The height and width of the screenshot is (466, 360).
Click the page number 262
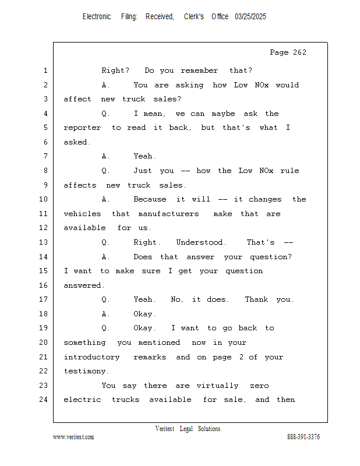point(299,52)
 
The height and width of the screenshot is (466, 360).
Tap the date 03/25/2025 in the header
point(250,17)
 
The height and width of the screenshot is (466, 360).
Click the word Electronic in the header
point(97,17)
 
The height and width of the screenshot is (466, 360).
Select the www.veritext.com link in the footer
point(73,437)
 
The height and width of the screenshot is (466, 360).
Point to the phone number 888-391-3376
point(303,436)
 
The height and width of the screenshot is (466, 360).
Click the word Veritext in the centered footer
point(165,429)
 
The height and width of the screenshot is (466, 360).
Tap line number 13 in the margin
point(44,242)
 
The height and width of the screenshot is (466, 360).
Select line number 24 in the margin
point(44,399)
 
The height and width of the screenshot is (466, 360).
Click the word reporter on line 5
point(82,128)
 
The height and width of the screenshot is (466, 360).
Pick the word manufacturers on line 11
point(168,214)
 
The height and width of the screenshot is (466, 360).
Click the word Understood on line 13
point(199,242)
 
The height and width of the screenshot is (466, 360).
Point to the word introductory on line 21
point(91,357)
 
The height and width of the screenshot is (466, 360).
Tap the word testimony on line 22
point(84,372)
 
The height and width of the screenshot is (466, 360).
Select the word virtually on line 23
point(217,386)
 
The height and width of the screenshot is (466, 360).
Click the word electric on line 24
point(82,400)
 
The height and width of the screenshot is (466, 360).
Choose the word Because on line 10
point(150,199)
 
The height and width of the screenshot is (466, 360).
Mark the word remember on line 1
point(199,70)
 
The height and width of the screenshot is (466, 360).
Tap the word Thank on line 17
point(256,299)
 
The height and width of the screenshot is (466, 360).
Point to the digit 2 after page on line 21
point(241,356)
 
